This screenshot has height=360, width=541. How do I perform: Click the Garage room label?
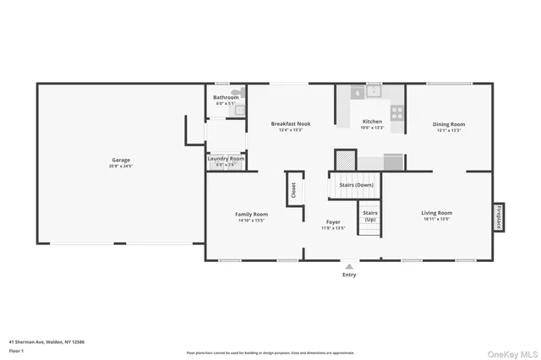tap(121, 160)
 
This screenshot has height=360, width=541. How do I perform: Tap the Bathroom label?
tap(226, 97)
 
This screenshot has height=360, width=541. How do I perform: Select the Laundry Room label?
tap(226, 158)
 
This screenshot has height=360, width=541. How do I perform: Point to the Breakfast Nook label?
tap(290, 123)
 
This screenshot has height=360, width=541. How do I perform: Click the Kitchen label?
tap(372, 121)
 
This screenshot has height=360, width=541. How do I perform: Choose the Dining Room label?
tap(450, 124)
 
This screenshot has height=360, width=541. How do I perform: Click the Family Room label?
tap(251, 214)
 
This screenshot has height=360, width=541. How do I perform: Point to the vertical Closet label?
tap(293, 191)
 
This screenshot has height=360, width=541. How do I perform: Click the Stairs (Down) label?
tap(356, 184)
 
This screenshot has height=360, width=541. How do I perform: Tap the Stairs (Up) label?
tap(370, 215)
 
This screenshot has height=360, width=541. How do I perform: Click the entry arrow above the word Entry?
tap(349, 265)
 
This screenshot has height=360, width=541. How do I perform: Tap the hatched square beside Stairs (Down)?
tap(345, 159)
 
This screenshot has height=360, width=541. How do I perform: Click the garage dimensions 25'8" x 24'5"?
tap(121, 166)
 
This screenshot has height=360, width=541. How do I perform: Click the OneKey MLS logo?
tap(511, 352)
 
